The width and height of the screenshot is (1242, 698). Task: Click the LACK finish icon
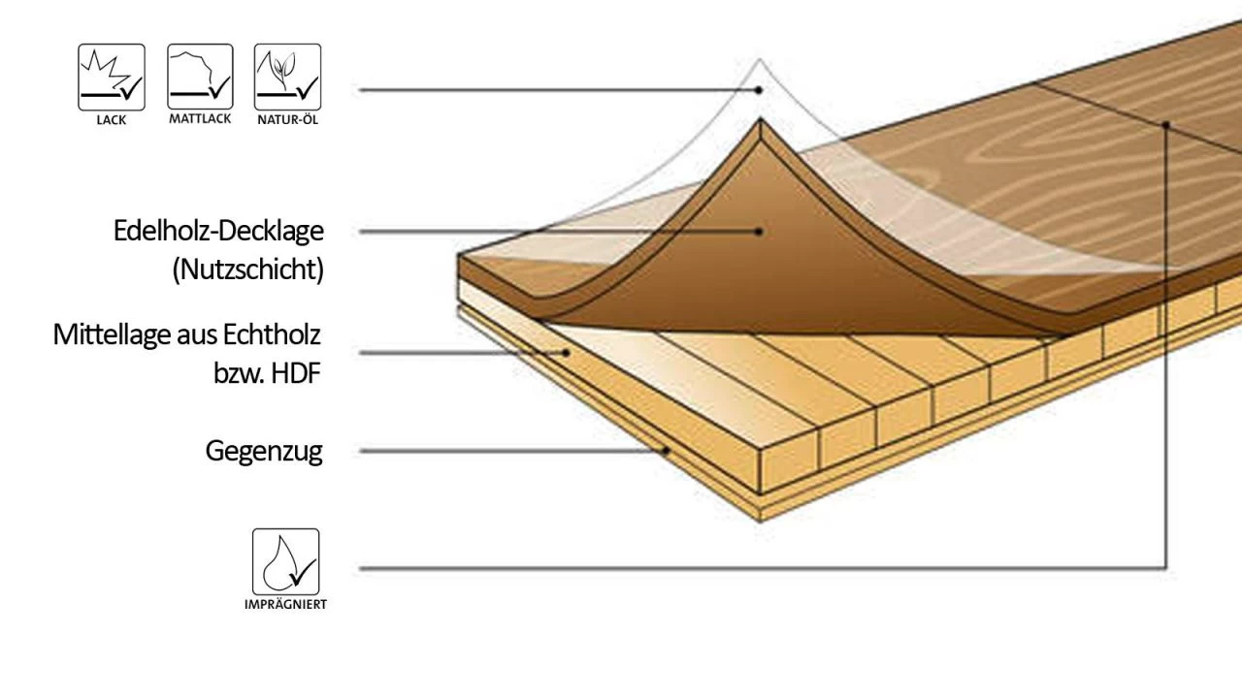coord(112,77)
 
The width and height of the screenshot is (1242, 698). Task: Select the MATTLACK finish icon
coord(200,77)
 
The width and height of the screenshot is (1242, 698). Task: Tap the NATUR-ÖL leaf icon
coord(287,77)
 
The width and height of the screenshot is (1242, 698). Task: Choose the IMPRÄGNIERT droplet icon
coord(285,561)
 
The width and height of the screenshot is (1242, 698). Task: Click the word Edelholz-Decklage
coord(218,232)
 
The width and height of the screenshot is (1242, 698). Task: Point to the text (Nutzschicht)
coord(247,270)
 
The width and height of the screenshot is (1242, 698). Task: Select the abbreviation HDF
coord(292,373)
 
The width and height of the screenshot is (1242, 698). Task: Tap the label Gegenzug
coord(263,451)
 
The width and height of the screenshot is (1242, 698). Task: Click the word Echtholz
coord(274,335)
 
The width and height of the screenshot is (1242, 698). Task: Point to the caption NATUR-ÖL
coord(287,120)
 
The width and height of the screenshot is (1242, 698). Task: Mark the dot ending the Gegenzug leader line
coord(666,451)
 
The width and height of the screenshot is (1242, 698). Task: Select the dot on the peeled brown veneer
coord(760,232)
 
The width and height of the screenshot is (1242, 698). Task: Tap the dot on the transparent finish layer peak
coord(760,89)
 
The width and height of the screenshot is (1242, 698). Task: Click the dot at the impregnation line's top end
coord(1166,124)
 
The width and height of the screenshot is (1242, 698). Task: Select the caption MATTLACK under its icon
coord(200,119)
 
